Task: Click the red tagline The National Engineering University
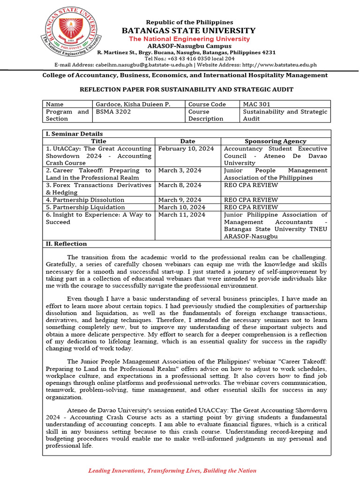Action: (x=189, y=39)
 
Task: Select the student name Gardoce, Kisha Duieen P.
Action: (x=132, y=104)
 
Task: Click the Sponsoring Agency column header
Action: (x=276, y=141)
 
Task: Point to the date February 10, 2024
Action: (x=186, y=149)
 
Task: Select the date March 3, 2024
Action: (x=180, y=171)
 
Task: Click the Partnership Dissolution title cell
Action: (x=85, y=200)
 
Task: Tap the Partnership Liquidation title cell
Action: (x=85, y=207)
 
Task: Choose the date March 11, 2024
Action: (x=182, y=215)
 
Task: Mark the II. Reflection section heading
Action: (x=66, y=244)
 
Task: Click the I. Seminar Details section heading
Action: (x=74, y=134)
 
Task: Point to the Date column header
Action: (x=187, y=141)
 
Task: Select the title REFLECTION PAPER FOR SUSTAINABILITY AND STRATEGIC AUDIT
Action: (x=187, y=89)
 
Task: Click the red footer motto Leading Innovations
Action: (x=172, y=471)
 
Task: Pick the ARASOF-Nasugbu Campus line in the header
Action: (x=189, y=46)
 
